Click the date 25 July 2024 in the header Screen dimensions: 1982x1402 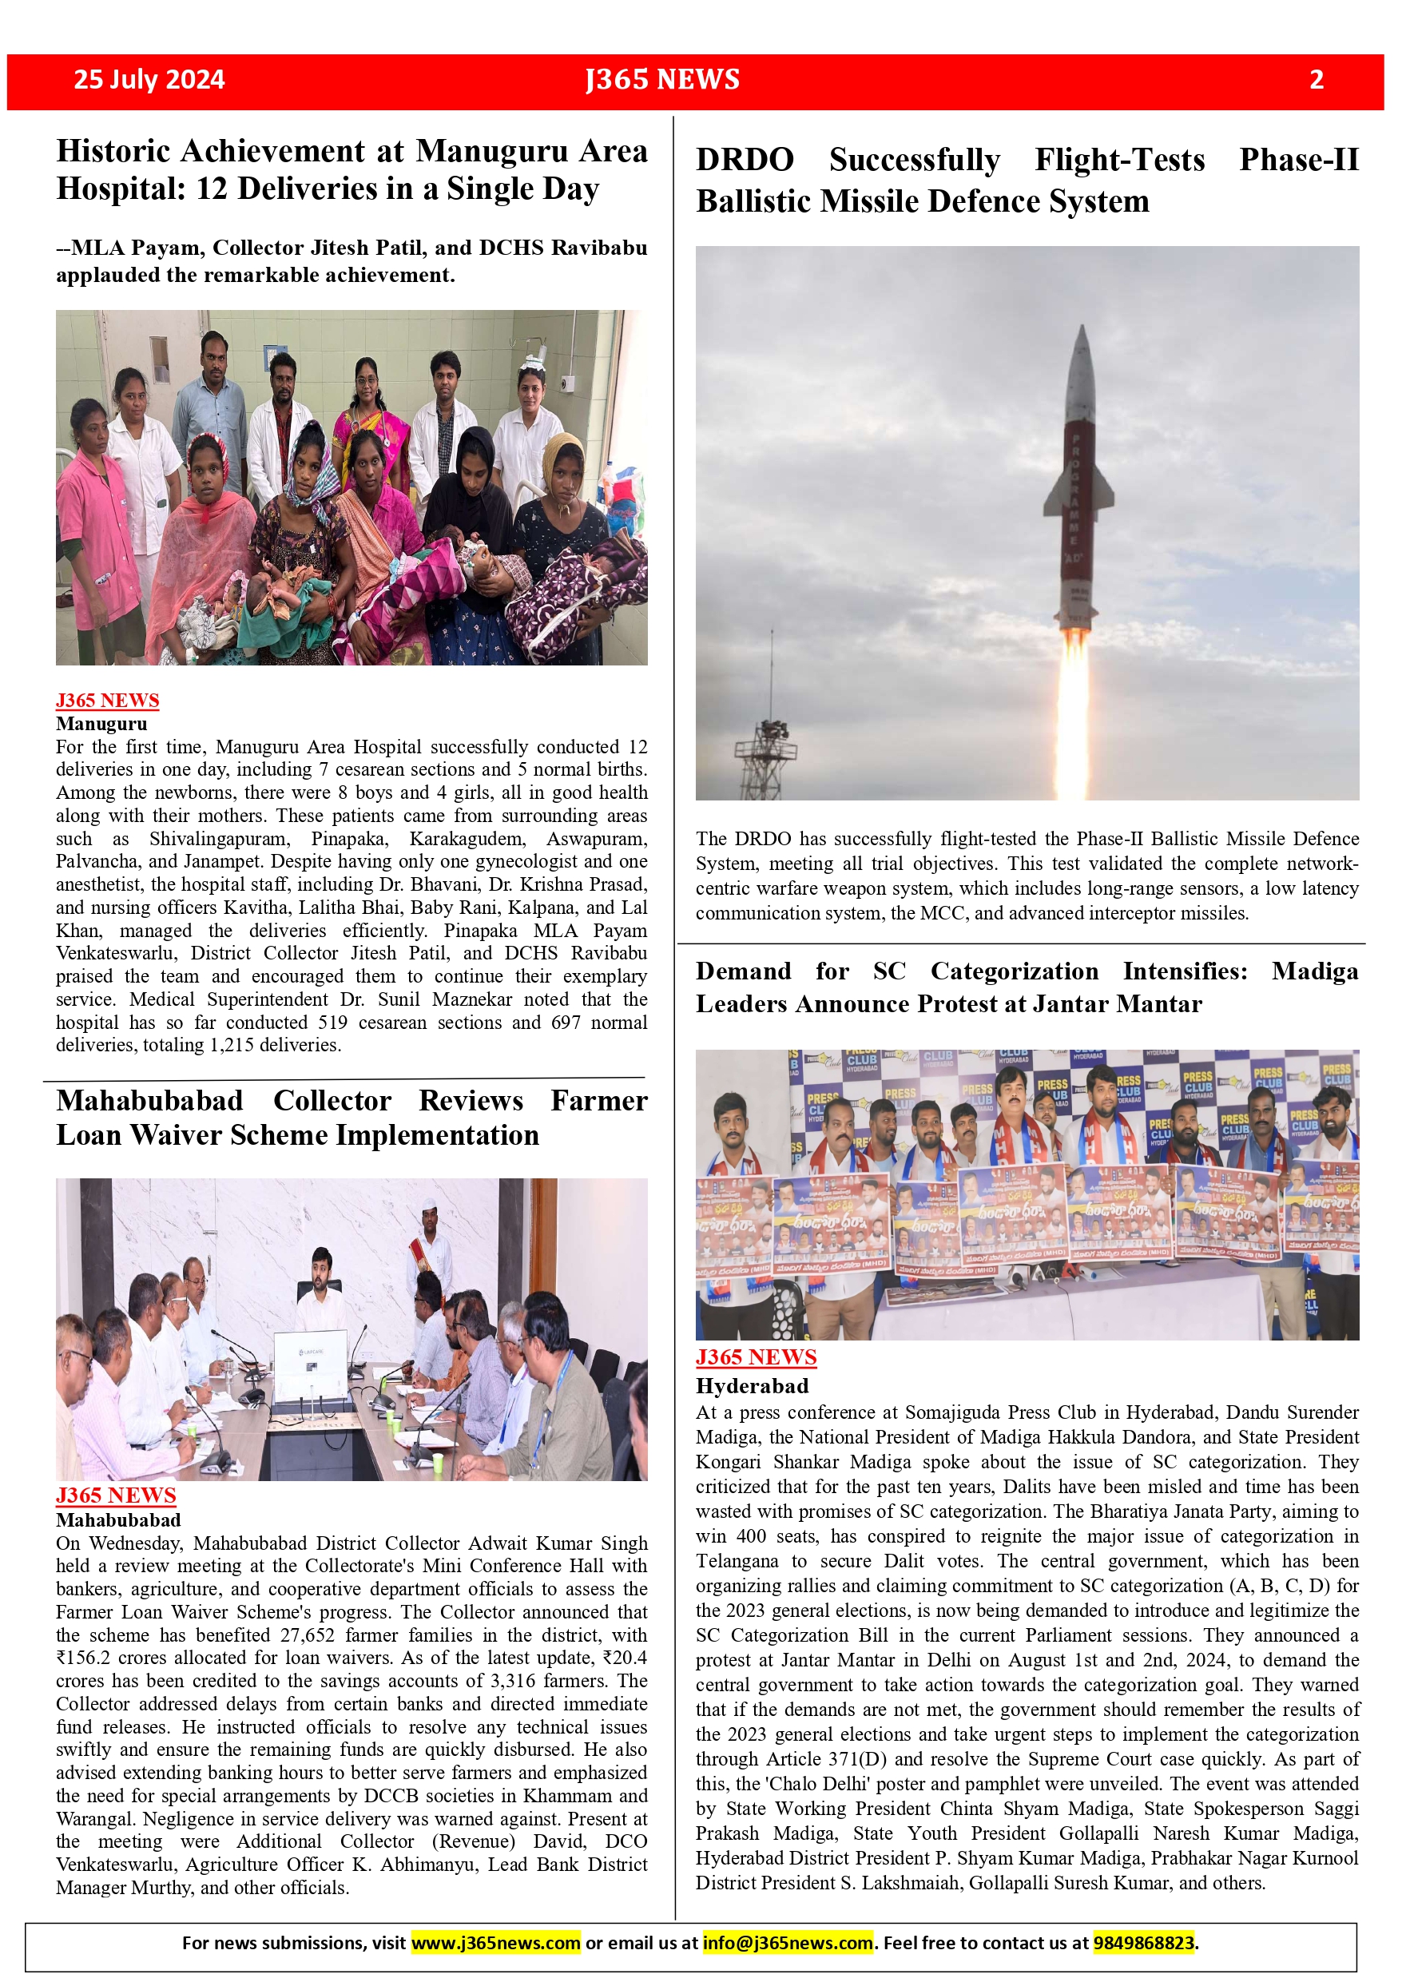(x=149, y=79)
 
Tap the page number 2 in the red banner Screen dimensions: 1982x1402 (x=1316, y=79)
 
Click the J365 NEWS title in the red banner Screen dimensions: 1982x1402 (x=662, y=79)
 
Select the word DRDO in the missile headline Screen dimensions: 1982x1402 (x=745, y=161)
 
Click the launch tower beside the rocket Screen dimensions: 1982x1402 (x=768, y=742)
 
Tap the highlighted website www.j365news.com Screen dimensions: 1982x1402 (x=495, y=1942)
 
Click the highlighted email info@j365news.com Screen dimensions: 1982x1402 (x=788, y=1942)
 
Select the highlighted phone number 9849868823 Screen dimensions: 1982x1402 (x=1144, y=1942)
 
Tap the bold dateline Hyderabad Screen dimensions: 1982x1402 (x=753, y=1385)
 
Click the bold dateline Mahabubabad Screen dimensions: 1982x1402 (x=118, y=1519)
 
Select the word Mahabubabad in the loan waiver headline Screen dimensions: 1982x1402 (x=149, y=1101)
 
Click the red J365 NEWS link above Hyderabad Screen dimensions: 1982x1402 (x=757, y=1357)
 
